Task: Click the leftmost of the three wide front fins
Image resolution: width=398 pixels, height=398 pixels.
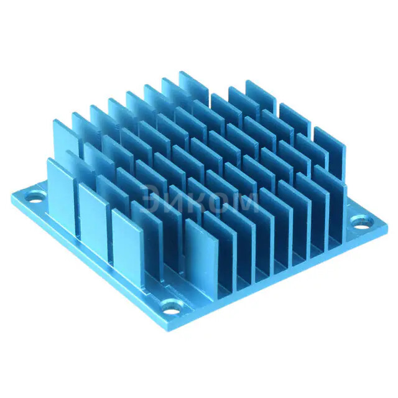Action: [62, 190]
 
